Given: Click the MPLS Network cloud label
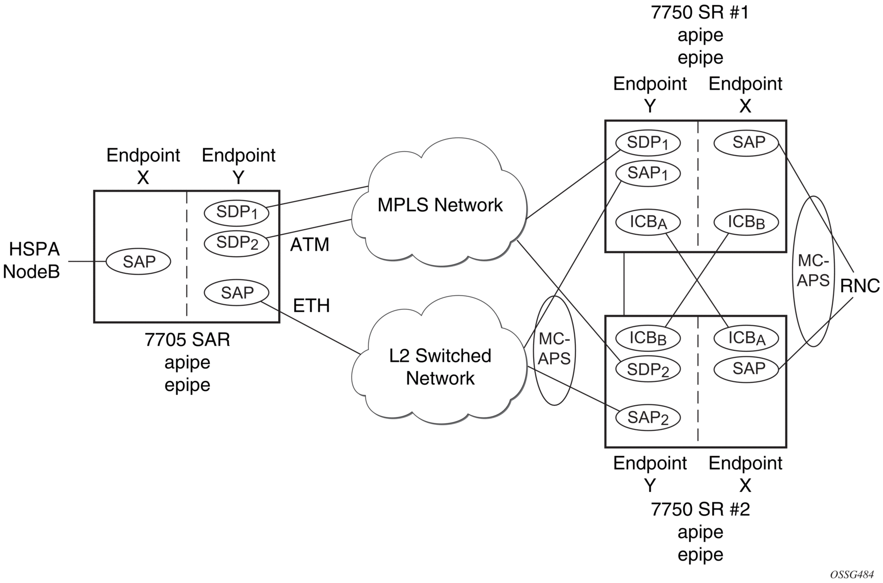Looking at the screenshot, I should coord(439,205).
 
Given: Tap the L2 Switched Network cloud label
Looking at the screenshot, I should coord(440,367).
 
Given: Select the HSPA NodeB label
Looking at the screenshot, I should coord(32,260).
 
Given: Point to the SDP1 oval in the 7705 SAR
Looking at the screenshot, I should coord(237,213).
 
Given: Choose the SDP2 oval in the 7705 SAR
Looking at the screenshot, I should coord(237,243).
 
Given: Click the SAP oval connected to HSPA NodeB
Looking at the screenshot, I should coord(139,261).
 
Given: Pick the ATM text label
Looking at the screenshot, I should coord(310,245).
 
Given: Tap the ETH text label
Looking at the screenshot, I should coord(311,305).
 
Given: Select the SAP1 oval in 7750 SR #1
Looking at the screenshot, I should coord(647,174).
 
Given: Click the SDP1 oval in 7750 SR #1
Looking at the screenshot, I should coord(647,143).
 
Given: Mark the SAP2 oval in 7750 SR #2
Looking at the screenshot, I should coord(647,418).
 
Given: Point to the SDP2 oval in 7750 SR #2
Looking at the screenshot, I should coord(647,370).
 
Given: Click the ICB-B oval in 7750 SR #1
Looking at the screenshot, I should coord(746,222).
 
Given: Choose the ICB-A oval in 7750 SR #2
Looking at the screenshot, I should coord(746,338).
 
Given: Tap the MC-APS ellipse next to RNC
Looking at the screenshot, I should coord(813,271).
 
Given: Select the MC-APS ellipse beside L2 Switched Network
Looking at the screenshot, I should coord(554,350).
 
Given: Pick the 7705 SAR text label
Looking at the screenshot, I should coord(187,340).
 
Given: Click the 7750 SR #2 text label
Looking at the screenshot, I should coord(700,509).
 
